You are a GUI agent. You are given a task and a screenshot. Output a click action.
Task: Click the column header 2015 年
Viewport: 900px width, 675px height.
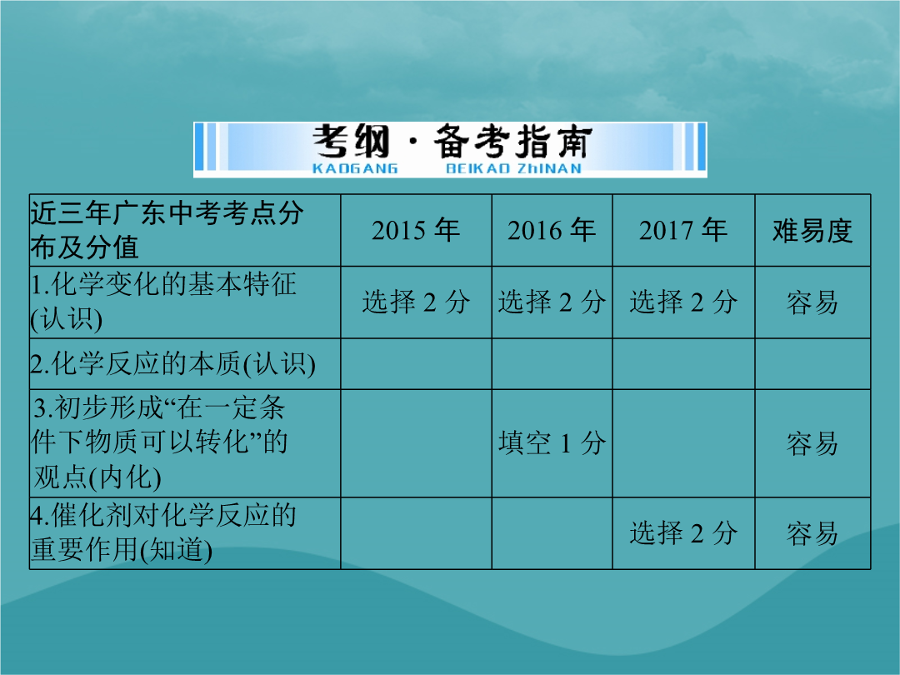pyautogui.click(x=416, y=230)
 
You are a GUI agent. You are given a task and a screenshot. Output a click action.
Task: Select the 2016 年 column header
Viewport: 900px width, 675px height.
pyautogui.click(x=551, y=230)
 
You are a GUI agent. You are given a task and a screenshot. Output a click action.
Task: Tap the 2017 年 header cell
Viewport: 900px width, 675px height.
pyautogui.click(x=683, y=230)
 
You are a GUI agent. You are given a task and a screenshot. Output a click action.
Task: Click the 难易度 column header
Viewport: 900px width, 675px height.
pyautogui.click(x=812, y=231)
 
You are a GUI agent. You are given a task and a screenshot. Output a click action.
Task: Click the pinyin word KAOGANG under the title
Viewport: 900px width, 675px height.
pyautogui.click(x=355, y=168)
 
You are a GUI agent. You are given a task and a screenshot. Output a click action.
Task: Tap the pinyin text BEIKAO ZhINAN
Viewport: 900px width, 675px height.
pyautogui.click(x=513, y=168)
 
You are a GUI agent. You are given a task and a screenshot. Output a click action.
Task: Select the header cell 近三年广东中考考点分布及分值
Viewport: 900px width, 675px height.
pyautogui.click(x=167, y=230)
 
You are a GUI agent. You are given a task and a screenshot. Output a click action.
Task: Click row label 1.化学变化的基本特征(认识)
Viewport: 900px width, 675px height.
pyautogui.click(x=163, y=302)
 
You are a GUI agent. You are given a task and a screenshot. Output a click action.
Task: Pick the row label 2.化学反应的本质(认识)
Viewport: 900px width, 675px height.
pyautogui.click(x=172, y=364)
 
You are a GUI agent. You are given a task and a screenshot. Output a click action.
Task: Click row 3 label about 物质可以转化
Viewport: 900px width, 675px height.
pyautogui.click(x=160, y=442)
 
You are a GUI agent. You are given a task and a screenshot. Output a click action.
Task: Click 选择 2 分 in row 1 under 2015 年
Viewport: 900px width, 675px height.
pyautogui.click(x=416, y=302)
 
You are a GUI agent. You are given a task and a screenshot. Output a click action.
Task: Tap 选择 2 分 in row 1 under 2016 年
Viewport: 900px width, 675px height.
pyautogui.click(x=552, y=302)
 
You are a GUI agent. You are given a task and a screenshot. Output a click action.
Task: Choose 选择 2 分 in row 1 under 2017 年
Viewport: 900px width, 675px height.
pyautogui.click(x=683, y=302)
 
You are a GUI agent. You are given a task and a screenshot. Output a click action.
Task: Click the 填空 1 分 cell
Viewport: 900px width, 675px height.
pyautogui.click(x=552, y=443)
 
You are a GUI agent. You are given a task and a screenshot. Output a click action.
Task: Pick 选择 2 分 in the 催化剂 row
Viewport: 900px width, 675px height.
pyautogui.click(x=683, y=533)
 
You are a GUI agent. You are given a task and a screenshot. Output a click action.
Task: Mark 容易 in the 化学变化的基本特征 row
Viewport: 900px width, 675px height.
pyautogui.click(x=812, y=302)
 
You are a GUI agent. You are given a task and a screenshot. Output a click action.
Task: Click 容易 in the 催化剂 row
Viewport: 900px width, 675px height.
pyautogui.click(x=812, y=534)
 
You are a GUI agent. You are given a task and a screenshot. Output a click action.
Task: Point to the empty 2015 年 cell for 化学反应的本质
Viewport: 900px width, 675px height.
pyautogui.click(x=416, y=364)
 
